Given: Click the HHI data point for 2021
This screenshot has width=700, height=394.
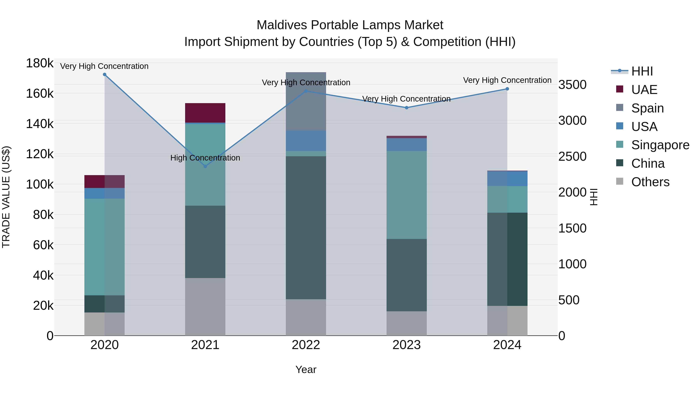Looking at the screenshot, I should pyautogui.click(x=205, y=166).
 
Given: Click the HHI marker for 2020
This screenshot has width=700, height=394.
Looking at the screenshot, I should pyautogui.click(x=105, y=75).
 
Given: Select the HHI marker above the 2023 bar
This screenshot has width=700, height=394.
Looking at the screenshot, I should pyautogui.click(x=407, y=108).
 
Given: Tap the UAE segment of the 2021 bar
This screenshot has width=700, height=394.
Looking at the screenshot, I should pyautogui.click(x=205, y=113).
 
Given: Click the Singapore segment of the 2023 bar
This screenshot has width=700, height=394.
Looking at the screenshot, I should pyautogui.click(x=407, y=195).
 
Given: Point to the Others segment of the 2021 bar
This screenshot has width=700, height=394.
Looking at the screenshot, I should pyautogui.click(x=205, y=306).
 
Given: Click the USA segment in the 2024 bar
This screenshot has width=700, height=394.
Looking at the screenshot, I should pyautogui.click(x=507, y=179).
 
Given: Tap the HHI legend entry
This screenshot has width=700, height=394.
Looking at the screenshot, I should pyautogui.click(x=642, y=71).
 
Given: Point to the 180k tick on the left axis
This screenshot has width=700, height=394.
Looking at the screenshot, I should pyautogui.click(x=40, y=63).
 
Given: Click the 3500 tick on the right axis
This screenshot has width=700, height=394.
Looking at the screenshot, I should pyautogui.click(x=572, y=85).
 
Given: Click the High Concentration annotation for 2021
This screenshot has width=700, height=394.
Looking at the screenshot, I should pyautogui.click(x=205, y=158).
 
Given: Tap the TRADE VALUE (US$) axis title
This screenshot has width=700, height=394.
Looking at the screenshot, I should pyautogui.click(x=6, y=197).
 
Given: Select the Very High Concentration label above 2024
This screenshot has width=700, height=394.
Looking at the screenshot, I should pyautogui.click(x=507, y=80).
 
